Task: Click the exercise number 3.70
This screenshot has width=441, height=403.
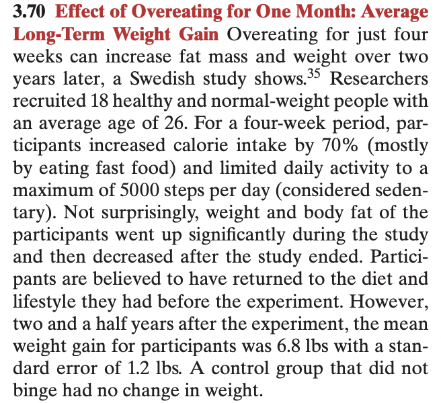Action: [x=30, y=12]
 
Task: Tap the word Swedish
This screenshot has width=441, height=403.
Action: [x=162, y=79]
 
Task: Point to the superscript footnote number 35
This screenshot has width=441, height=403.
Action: [x=314, y=74]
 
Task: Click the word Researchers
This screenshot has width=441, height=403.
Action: [x=379, y=79]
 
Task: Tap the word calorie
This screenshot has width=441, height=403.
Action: [x=202, y=145]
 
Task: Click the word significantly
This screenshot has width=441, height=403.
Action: [x=237, y=236]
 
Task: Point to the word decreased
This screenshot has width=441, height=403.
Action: [x=132, y=257]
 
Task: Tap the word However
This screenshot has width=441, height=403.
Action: [x=389, y=302]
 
